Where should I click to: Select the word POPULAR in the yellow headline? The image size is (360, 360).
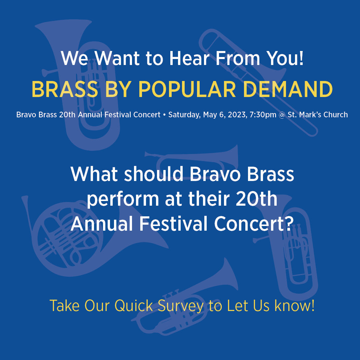182,89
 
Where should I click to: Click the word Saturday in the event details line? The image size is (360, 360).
183,115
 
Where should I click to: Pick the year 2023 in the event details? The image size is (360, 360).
234,115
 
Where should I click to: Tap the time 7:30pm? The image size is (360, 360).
263,115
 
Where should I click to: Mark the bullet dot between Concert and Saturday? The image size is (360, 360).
164,115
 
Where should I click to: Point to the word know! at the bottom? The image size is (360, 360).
294,306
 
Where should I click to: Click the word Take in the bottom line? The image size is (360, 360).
64,306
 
